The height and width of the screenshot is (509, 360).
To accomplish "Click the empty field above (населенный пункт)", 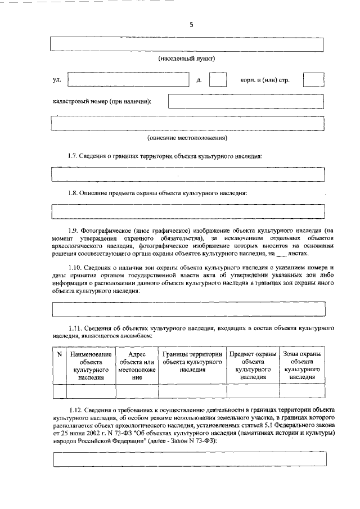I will pos(187,44).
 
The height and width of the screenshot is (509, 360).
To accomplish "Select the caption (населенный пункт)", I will pos(187,58).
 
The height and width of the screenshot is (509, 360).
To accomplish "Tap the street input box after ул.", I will pos(128,80).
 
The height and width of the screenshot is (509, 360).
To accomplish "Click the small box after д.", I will pos(218,80).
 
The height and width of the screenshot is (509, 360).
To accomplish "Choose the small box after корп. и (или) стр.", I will pos(313,80).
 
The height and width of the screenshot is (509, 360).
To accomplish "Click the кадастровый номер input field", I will pos(246,101).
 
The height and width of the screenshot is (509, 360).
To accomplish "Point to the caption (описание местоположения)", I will pos(187,138).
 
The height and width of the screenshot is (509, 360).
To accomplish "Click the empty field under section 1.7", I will pos(187,174).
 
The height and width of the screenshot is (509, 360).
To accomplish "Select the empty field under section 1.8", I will pos(187,211).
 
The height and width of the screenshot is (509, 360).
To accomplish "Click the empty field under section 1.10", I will pos(187,309).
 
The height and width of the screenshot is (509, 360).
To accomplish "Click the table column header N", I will pos(59,354).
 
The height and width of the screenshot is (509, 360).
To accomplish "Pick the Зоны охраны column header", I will pos(302,366).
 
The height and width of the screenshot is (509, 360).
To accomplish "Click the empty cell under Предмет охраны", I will pos(253,391).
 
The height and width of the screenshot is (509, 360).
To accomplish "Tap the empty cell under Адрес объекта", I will pos(137,391).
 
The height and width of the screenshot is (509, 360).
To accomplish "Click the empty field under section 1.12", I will pos(187,460).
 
